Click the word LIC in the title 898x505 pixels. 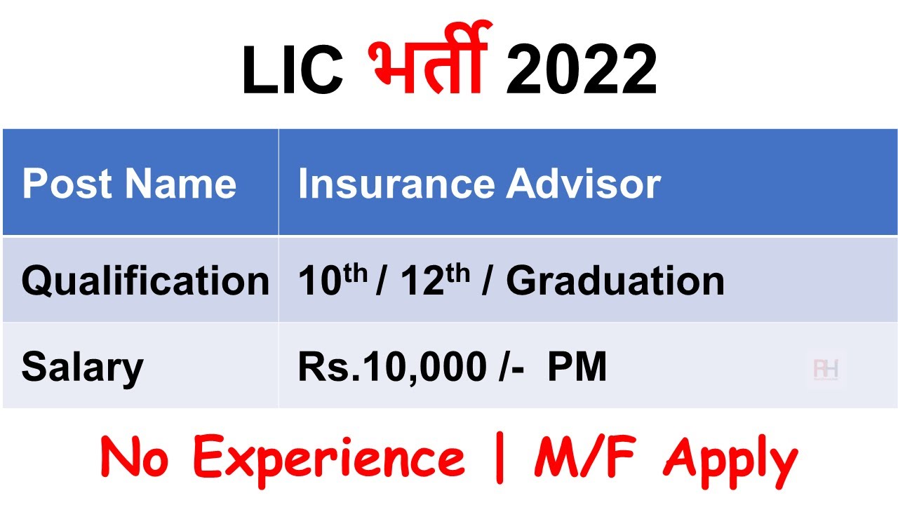[292, 72]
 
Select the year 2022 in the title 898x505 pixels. [581, 72]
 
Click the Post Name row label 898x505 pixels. [129, 184]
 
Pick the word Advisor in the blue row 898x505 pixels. [584, 184]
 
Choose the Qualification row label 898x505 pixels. [145, 281]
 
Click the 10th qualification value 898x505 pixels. [333, 281]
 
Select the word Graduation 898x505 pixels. [615, 281]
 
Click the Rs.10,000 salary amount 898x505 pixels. [391, 368]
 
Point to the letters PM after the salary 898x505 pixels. [577, 368]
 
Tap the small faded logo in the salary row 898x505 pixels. [826, 369]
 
